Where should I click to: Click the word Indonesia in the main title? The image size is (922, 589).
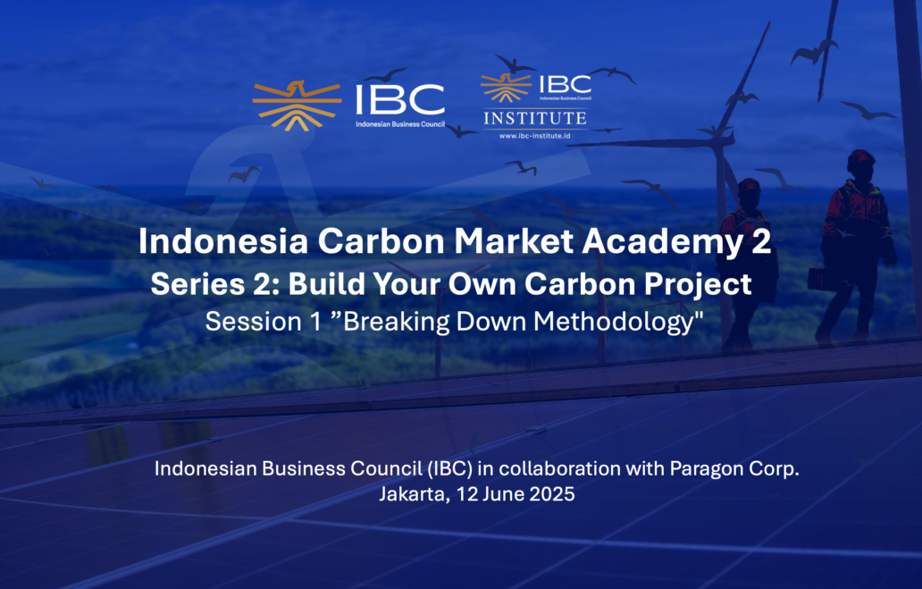pos(222,241)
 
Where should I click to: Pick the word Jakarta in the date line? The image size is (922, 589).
pos(415,494)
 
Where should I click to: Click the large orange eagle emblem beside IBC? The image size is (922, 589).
pos(297,106)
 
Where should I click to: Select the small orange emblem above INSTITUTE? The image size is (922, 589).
pos(506,87)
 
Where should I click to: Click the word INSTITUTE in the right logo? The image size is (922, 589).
pos(535,118)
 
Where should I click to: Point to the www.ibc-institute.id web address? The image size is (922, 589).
pos(534,136)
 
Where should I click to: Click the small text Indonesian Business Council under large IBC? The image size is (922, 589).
pos(400,124)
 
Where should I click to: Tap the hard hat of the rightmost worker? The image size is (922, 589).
pos(861,157)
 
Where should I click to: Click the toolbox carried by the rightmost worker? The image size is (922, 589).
pos(823,279)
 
